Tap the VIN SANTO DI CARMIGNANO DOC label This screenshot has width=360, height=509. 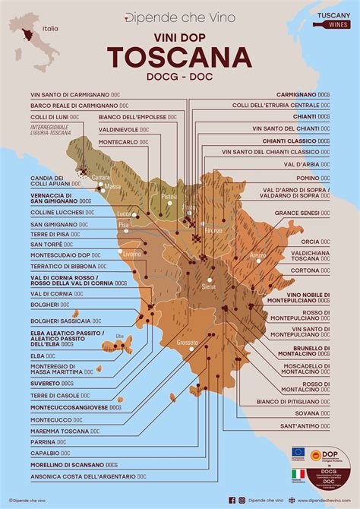(65, 95)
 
